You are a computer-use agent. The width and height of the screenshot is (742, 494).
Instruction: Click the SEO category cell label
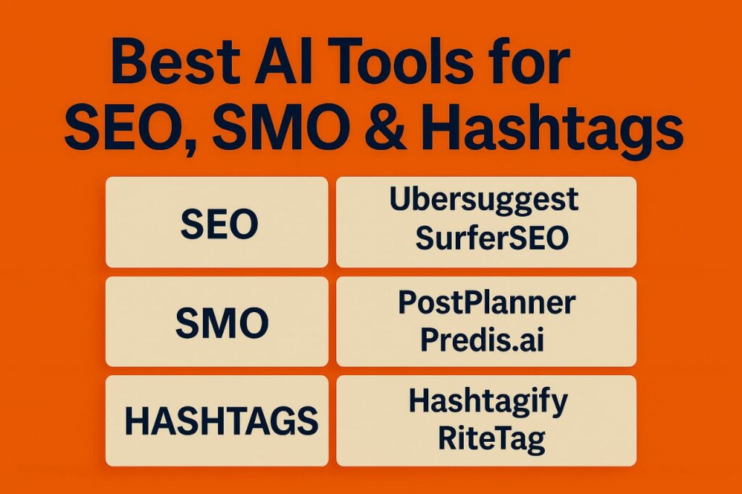(x=219, y=224)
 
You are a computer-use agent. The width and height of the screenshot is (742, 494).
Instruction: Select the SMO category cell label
(x=222, y=323)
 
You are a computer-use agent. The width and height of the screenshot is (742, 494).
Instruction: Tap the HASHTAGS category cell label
(x=221, y=421)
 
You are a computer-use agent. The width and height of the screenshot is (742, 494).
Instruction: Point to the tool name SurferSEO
(x=492, y=238)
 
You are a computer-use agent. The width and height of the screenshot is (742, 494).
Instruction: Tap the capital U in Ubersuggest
(x=400, y=200)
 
